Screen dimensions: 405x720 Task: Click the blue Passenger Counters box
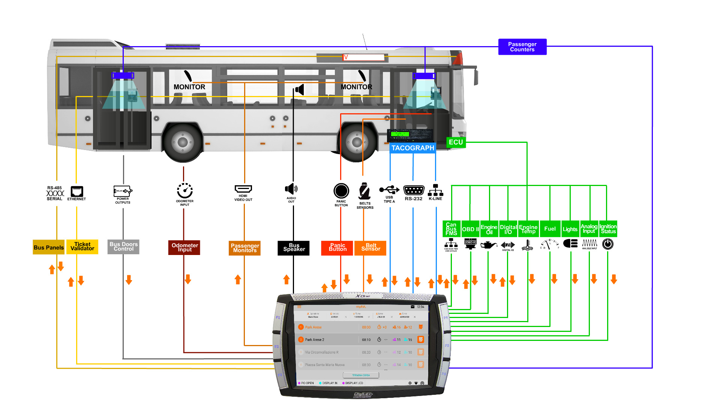pos(522,47)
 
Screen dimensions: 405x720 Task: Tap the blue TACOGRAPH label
pos(412,148)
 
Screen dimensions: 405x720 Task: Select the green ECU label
pos(456,142)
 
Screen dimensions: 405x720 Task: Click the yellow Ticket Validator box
pos(82,247)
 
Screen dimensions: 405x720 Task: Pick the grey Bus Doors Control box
pos(123,247)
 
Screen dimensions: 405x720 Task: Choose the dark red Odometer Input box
pos(184,247)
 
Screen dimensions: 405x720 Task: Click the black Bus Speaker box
pos(294,248)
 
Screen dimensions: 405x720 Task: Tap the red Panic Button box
pos(337,248)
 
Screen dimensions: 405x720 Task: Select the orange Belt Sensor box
pos(370,248)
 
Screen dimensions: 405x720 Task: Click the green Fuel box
pos(550,229)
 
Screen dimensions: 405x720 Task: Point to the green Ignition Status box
pos(608,229)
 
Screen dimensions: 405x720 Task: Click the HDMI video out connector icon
pos(243,189)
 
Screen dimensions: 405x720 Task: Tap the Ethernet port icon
pos(77,191)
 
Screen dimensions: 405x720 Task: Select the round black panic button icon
pos(341,191)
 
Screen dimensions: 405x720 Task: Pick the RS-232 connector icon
pos(413,190)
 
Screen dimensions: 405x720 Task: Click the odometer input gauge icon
pos(184,191)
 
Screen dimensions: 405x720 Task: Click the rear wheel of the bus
pos(183,142)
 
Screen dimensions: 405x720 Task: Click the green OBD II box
pos(470,229)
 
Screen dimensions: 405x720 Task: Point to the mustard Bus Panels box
pos(48,247)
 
